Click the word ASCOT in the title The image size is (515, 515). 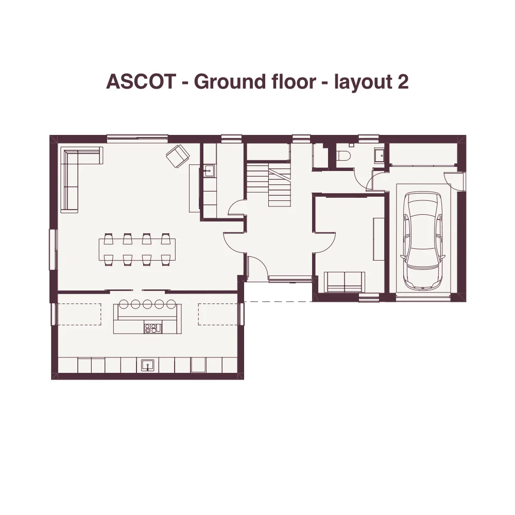(x=141, y=81)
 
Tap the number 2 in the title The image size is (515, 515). (x=403, y=81)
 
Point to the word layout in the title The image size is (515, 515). (x=363, y=82)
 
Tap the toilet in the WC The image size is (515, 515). (x=344, y=155)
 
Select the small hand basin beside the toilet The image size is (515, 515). (x=380, y=154)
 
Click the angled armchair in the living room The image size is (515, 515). (x=178, y=156)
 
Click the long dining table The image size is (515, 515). (x=137, y=249)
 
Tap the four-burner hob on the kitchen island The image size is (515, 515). (x=153, y=328)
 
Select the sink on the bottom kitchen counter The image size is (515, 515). (x=147, y=365)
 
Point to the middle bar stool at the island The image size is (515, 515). (x=147, y=304)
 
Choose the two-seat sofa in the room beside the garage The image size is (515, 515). (x=344, y=282)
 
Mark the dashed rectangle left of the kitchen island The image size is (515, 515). (x=79, y=314)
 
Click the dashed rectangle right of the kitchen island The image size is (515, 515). (x=219, y=314)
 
